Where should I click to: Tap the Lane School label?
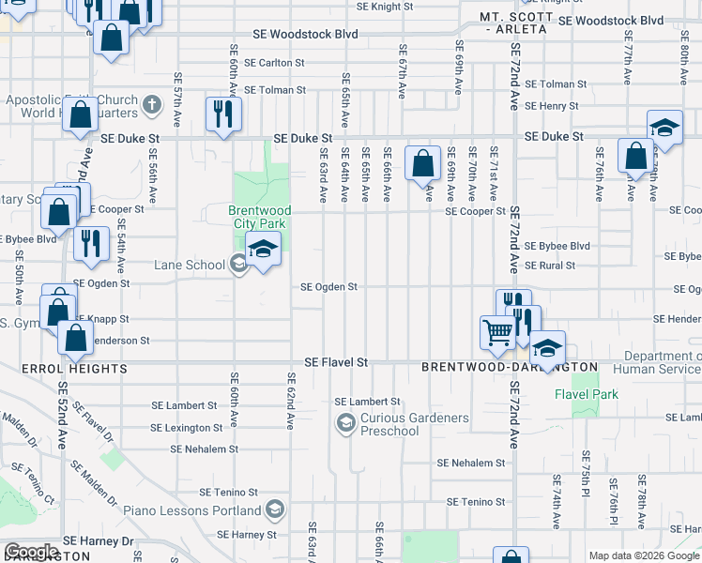click(192, 266)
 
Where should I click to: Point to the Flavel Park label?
click(587, 394)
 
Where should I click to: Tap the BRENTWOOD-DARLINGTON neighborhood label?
click(509, 366)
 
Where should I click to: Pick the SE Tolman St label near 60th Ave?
click(275, 90)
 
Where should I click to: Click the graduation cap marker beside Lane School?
click(264, 249)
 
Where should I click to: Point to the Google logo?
click(33, 552)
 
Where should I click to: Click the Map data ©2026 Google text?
click(643, 555)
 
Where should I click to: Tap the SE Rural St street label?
click(550, 266)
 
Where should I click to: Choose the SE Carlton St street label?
click(275, 63)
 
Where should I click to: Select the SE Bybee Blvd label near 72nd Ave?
click(557, 245)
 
